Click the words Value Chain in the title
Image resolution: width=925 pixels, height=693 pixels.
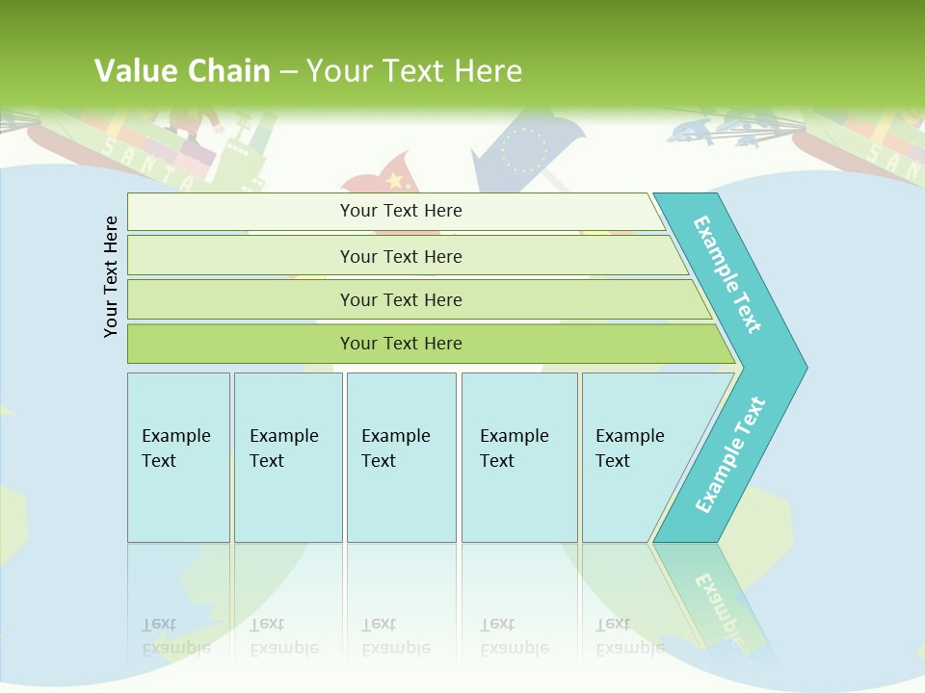[182, 70]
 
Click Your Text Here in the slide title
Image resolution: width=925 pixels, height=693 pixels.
[414, 70]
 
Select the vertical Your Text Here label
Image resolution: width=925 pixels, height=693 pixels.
[112, 276]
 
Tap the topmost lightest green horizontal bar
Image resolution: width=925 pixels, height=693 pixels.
[400, 211]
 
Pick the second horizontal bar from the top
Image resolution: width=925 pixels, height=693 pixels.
[400, 256]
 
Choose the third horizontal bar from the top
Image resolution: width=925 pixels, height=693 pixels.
[400, 299]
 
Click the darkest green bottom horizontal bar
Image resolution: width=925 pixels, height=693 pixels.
[400, 344]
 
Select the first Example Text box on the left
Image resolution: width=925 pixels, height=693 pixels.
[178, 457]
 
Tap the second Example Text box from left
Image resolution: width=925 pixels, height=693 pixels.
[287, 457]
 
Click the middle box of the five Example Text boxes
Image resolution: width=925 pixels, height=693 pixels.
[401, 457]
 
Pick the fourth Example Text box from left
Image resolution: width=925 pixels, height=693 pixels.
[519, 457]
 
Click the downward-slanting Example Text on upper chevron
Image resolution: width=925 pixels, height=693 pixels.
[727, 274]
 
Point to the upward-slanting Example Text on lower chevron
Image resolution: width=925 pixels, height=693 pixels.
[730, 455]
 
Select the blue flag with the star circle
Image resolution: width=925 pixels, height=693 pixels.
[526, 149]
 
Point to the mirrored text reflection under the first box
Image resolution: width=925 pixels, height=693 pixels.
[176, 635]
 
